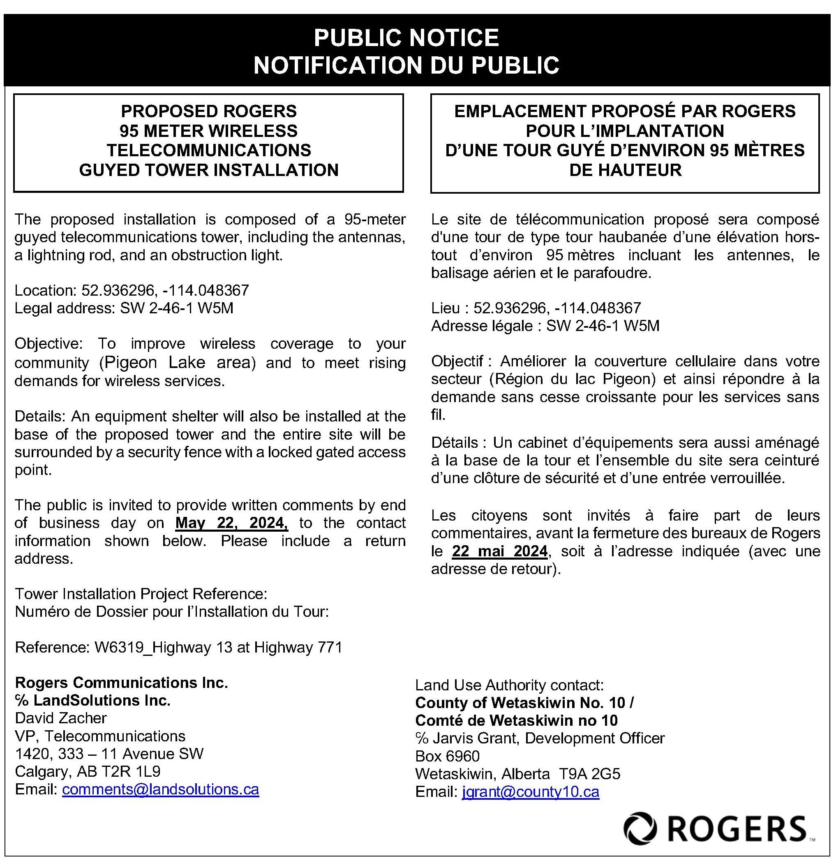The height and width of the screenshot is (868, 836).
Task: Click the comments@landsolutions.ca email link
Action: point(160,789)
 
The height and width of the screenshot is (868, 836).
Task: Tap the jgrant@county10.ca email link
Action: point(530,792)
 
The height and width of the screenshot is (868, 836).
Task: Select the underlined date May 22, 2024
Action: point(231,523)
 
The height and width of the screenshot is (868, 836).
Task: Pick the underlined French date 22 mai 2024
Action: point(500,551)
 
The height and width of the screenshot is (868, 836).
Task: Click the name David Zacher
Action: point(61,718)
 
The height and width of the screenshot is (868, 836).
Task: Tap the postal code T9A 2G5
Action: point(589,774)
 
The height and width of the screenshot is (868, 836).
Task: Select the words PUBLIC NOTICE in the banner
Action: point(406,38)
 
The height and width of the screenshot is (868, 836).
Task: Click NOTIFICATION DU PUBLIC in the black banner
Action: point(406,65)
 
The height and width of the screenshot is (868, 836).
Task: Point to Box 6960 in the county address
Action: point(447,756)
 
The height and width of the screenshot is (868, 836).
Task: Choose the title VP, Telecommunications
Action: point(100,736)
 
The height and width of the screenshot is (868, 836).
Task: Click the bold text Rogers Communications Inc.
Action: point(121,683)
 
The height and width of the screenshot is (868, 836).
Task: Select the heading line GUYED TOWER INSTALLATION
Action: point(208,170)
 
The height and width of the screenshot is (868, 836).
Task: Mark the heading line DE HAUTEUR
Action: point(625,170)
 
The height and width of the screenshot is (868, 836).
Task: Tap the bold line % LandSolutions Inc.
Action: point(92,700)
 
